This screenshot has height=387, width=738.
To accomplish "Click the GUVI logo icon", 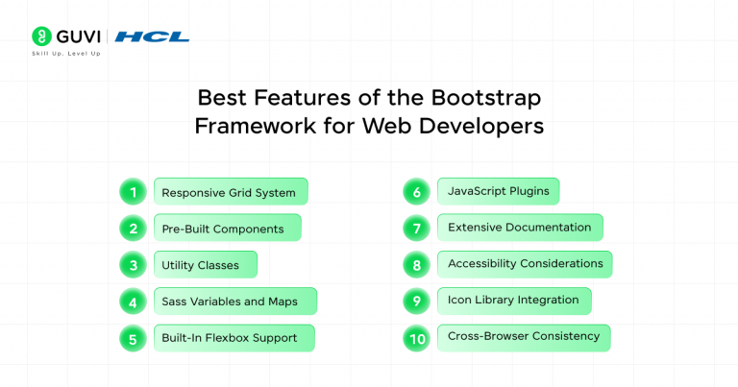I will pos(41,36).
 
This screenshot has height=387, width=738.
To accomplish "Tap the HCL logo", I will pos(152,36).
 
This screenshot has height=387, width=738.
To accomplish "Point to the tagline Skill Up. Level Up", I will pos(66,53).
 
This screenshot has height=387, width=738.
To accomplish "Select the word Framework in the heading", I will pos(247,126).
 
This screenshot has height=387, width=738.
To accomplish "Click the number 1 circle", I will pos(133,192).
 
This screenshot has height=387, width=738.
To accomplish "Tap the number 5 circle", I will pos(133,338).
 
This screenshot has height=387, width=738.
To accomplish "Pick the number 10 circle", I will pos(416,337).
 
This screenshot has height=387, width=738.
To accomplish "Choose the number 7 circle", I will pos(416,228).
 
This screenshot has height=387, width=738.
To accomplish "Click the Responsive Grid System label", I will pos(230,192).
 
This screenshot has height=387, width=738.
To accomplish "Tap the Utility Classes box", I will pos(204,265).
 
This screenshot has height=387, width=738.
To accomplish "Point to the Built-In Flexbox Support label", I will pos(234,338).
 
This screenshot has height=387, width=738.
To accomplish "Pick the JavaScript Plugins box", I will pos(498,191).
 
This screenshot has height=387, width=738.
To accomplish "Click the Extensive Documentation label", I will pos(519,228).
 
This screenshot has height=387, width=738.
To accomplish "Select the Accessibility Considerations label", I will pos(524,264).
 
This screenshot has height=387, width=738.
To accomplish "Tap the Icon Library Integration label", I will pos(513,301).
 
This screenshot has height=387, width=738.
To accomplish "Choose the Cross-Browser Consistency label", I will pos(523,337).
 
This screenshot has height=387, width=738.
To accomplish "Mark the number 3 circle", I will pos(133,265).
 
